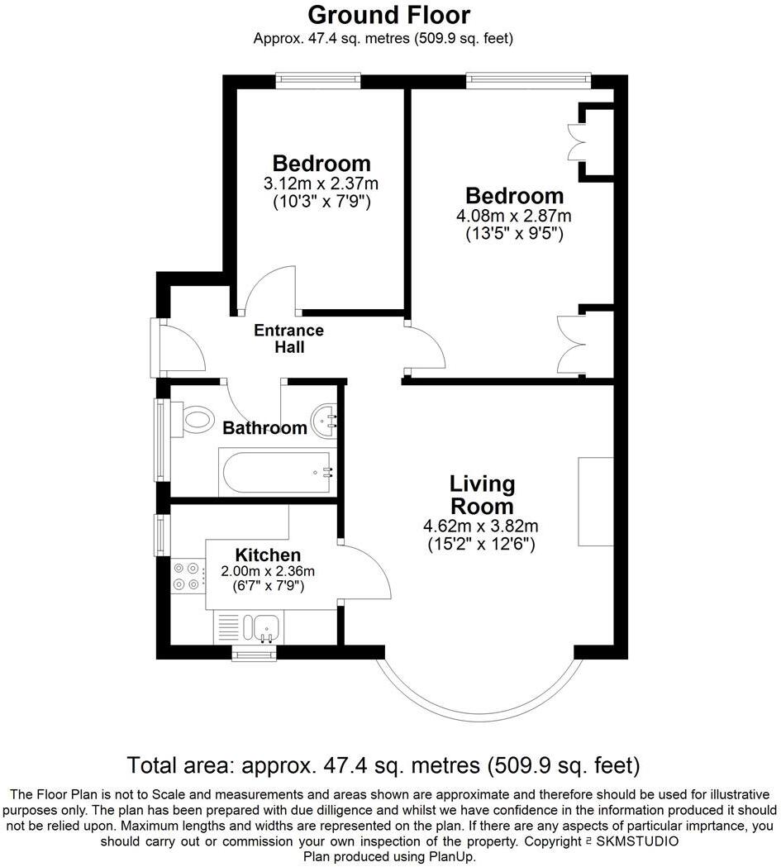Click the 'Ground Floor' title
(x=389, y=14)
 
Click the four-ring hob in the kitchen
(x=188, y=576)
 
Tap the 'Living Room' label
(x=481, y=494)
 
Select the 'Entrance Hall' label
(x=288, y=339)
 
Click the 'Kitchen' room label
(x=268, y=555)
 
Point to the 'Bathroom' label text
(x=264, y=428)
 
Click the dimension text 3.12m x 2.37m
(x=321, y=183)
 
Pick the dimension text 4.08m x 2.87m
(x=514, y=216)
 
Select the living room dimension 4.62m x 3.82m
(x=481, y=526)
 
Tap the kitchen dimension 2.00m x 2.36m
(x=268, y=570)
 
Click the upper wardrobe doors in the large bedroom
(x=577, y=141)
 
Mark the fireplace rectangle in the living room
(x=595, y=501)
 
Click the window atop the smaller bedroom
(x=318, y=80)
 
